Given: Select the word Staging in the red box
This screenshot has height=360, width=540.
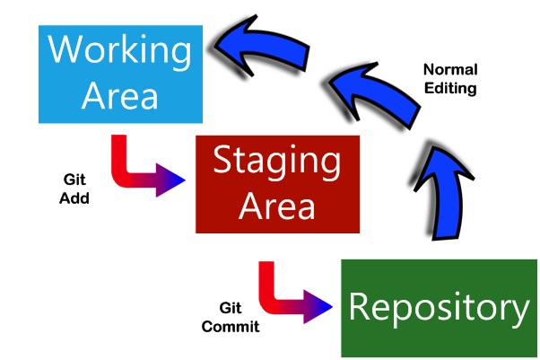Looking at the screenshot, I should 276,162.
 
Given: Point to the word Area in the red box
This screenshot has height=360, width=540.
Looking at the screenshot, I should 276,206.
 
